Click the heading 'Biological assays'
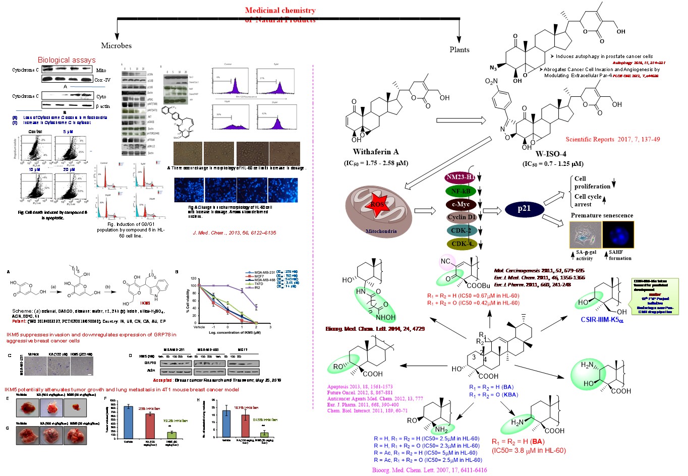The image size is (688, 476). point(67,60)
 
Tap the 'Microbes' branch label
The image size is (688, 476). point(116,45)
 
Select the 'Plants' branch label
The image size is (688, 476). point(459,49)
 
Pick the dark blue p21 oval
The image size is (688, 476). point(524,209)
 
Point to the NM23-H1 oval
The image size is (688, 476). point(461,177)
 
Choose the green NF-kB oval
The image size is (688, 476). point(461,191)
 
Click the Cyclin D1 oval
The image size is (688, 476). point(462,217)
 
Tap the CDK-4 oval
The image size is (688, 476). point(462,244)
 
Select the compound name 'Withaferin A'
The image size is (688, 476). point(376,152)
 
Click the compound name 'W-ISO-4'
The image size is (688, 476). point(551,154)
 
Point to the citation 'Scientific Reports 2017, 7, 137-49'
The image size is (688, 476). point(612,139)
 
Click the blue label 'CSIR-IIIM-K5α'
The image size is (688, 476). point(602,320)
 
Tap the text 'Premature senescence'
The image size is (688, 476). point(602,215)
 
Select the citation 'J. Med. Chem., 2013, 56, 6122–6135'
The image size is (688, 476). point(235,233)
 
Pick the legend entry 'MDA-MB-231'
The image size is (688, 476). point(264,272)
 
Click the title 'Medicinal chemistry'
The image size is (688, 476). point(280,10)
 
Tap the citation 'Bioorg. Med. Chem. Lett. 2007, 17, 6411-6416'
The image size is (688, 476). point(429,470)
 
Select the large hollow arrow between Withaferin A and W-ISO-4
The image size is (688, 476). point(460,120)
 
